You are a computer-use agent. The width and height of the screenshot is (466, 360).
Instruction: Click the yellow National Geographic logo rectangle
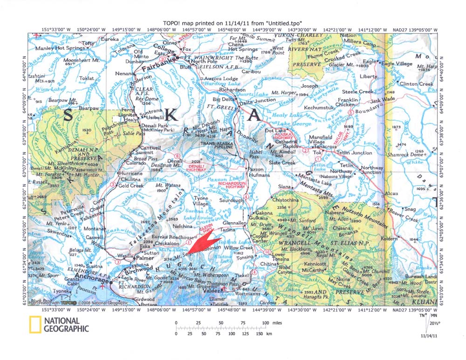(34, 324)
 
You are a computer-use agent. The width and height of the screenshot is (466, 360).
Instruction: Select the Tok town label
(317, 152)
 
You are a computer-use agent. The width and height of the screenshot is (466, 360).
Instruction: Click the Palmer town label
(144, 258)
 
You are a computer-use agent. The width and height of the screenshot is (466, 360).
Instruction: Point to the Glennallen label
(234, 223)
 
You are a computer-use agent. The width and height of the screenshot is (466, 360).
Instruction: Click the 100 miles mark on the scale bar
(266, 323)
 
